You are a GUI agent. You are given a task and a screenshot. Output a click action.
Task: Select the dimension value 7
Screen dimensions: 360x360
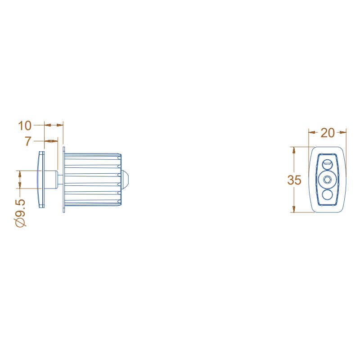28,141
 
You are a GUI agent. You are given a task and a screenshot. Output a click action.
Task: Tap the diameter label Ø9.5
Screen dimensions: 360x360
21,212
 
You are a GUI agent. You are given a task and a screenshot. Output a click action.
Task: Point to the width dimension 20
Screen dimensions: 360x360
328,132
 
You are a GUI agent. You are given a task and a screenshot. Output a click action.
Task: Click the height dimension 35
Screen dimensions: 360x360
294,180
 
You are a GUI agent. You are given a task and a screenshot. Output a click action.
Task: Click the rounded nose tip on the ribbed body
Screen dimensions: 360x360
126,179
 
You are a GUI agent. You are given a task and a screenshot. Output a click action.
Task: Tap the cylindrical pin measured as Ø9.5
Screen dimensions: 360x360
51,179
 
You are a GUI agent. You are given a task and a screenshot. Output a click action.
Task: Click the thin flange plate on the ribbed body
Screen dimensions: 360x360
64,179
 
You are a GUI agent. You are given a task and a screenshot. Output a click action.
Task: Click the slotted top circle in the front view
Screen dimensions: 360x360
327,162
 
